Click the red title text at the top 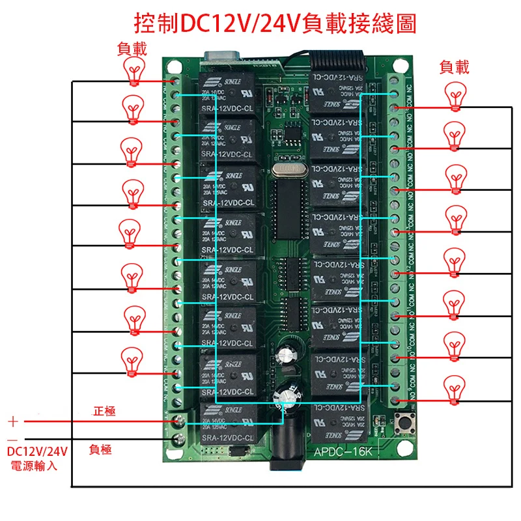click(x=274, y=24)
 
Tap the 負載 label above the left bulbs click(x=132, y=48)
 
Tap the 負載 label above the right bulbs click(x=454, y=67)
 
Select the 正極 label click(x=104, y=411)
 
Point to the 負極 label click(x=100, y=449)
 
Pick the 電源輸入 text click(x=34, y=466)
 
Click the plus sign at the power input click(x=13, y=421)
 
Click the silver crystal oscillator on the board click(x=285, y=170)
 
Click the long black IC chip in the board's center click(x=286, y=208)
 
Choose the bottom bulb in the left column click(x=133, y=360)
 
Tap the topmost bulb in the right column click(x=455, y=96)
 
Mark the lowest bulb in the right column click(x=455, y=389)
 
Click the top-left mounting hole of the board click(x=173, y=66)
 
